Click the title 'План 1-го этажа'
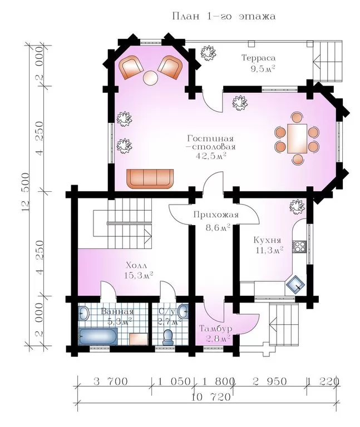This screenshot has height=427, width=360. point(224,16)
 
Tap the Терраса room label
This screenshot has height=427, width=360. point(258,58)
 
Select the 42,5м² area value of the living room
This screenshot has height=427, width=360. point(211,156)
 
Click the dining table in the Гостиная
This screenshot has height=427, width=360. point(297,138)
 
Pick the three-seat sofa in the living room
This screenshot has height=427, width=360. point(150,178)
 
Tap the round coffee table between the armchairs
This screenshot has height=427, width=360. point(150,78)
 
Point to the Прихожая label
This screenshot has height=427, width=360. point(216,215)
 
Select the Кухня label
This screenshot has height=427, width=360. point(267,240)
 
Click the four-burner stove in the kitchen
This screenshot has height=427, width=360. point(299,247)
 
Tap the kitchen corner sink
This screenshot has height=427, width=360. point(295,284)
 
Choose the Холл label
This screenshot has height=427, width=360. point(136,265)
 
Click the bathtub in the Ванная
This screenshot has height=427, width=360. point(98,336)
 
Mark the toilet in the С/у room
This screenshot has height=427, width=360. point(167,337)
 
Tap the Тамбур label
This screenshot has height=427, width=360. point(215,329)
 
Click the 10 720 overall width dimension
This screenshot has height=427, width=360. point(211,397)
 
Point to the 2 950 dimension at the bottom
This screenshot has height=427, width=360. point(269,381)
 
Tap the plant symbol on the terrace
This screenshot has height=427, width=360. point(209,53)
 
